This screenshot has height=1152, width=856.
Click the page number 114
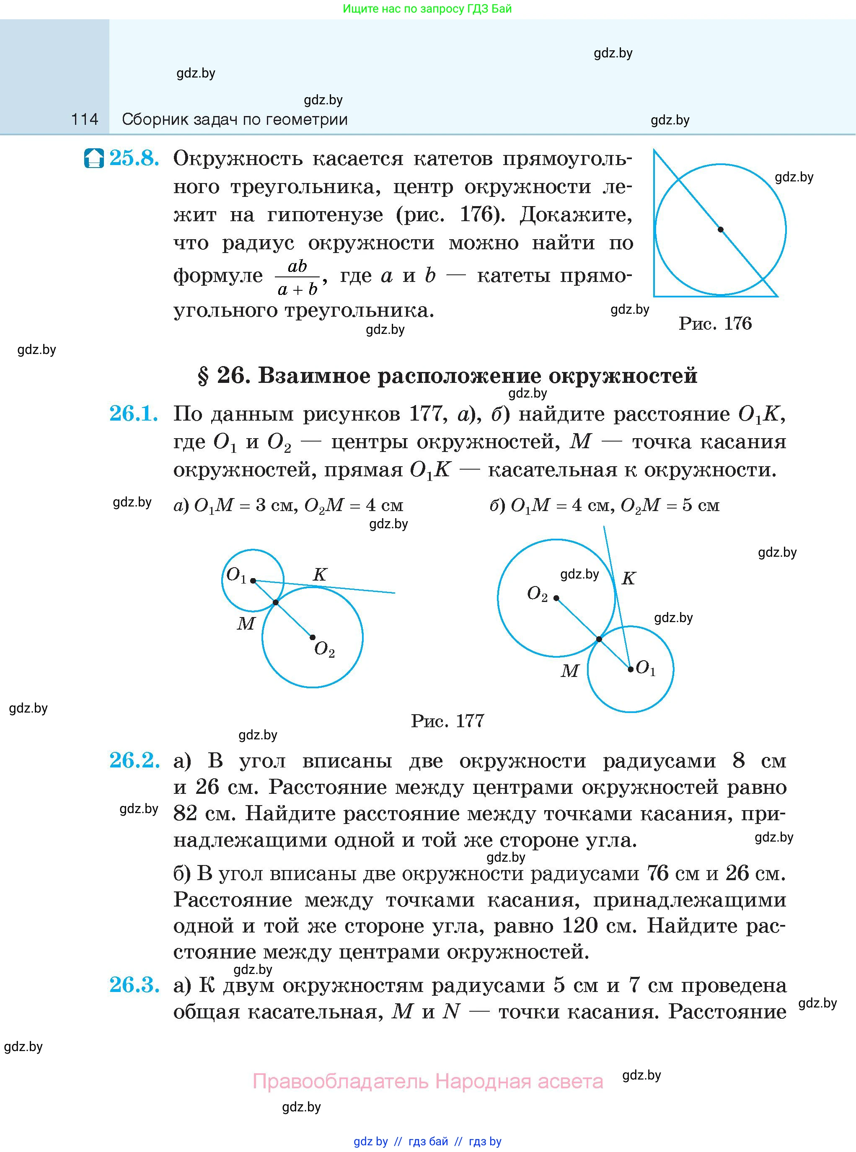(x=85, y=120)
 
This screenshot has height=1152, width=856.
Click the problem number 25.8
(x=134, y=158)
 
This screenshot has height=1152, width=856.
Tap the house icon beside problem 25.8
(x=94, y=158)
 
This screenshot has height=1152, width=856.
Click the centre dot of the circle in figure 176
(x=720, y=230)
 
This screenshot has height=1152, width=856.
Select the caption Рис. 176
(x=715, y=324)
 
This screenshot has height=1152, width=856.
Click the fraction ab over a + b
(x=297, y=278)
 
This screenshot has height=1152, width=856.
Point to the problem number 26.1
(x=134, y=413)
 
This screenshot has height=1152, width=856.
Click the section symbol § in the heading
(x=203, y=375)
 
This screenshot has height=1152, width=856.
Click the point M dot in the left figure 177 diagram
(x=276, y=602)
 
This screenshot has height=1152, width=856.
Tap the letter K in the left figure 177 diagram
(x=320, y=574)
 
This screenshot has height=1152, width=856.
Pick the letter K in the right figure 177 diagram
(x=628, y=578)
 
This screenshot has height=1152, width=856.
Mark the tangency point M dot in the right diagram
(x=599, y=639)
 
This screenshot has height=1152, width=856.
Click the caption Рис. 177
(x=447, y=721)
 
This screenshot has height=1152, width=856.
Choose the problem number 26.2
(x=134, y=760)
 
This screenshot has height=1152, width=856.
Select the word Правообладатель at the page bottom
(x=341, y=1081)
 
